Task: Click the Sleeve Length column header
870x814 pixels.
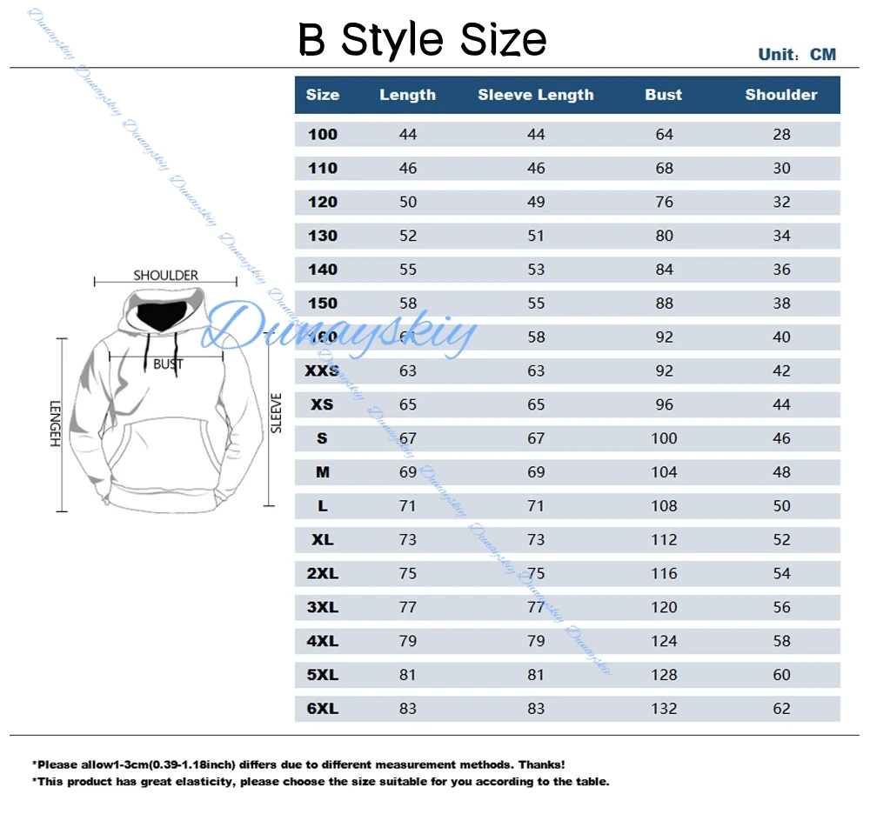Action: coord(535,95)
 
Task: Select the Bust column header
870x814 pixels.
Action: coord(664,95)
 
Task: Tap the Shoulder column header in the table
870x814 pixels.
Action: coord(781,95)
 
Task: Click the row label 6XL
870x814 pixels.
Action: coord(323,709)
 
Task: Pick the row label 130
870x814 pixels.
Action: coord(323,236)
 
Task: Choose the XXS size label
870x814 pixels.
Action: coord(323,371)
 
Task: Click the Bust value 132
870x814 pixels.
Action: coord(664,709)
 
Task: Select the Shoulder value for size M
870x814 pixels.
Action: coord(781,472)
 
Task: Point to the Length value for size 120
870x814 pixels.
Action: coord(408,202)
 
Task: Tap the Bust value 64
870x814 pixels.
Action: coord(664,134)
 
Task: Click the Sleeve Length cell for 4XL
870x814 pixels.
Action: coord(536,641)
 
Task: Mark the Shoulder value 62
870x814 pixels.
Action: coord(781,709)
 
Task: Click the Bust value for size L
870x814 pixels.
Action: coord(664,506)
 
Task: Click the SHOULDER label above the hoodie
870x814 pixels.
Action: coord(165,276)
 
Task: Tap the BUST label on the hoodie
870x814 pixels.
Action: coord(168,364)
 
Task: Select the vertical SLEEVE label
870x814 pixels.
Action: coord(276,413)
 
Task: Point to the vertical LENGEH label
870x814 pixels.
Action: coord(54,424)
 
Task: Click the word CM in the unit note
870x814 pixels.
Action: coord(822,55)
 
